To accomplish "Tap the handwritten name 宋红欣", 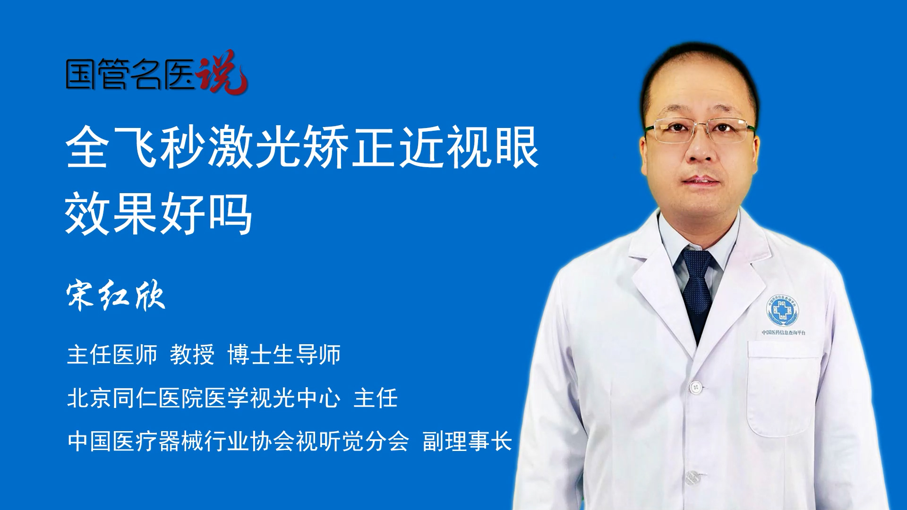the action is (116, 296).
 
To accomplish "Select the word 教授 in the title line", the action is (192, 354).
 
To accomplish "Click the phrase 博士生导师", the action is (284, 354).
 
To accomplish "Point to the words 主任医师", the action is (112, 354).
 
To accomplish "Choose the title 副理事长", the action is (467, 441).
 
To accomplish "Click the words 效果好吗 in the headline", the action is (159, 214).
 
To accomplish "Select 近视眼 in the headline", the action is (469, 147).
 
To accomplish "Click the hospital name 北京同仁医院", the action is (135, 398).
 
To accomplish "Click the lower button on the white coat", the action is (693, 477).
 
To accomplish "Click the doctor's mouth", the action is (701, 181).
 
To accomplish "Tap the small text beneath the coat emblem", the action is (784, 332).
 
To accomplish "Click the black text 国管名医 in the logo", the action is (130, 74).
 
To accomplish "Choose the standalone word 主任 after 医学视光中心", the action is (376, 398).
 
